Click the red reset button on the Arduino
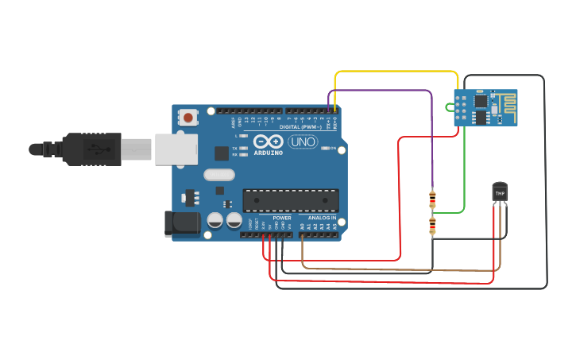coord(188,118)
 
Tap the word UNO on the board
coord(303,141)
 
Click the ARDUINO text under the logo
coord(269,153)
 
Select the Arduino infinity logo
coord(269,141)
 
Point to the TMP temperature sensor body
coord(500,192)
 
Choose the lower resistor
coord(432,226)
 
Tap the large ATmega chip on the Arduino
coord(291,200)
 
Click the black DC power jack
coord(181,223)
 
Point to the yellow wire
coord(397,72)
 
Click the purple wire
coord(381,91)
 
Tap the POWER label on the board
coord(282,218)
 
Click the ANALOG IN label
coord(323,218)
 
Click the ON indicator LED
coord(324,148)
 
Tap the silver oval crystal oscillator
coord(219,175)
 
